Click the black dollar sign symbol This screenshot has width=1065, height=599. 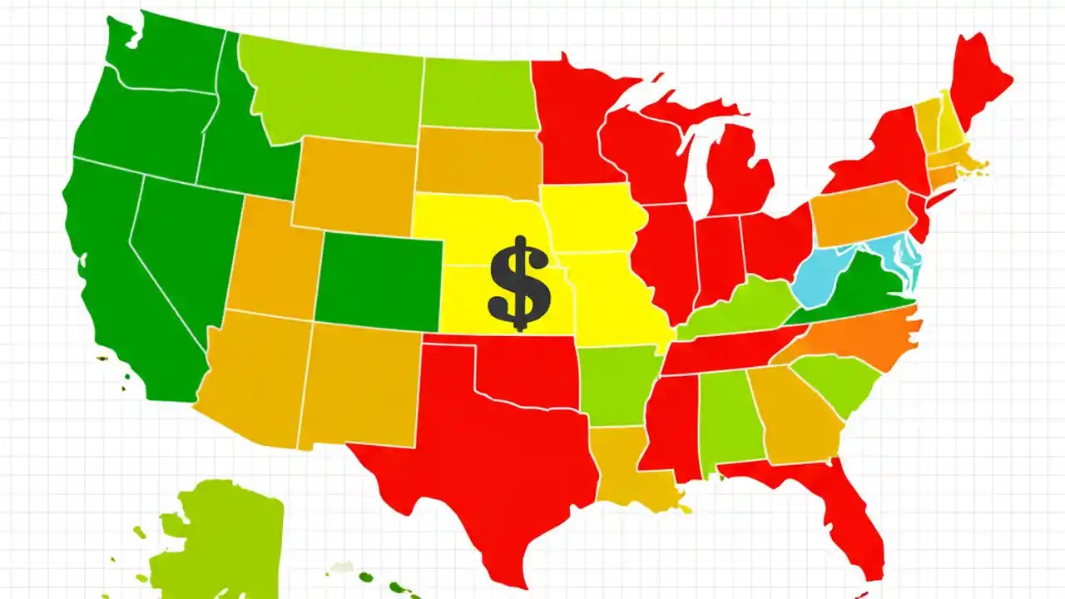(519, 283)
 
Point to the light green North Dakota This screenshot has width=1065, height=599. (474, 92)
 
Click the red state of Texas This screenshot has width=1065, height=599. (491, 449)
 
